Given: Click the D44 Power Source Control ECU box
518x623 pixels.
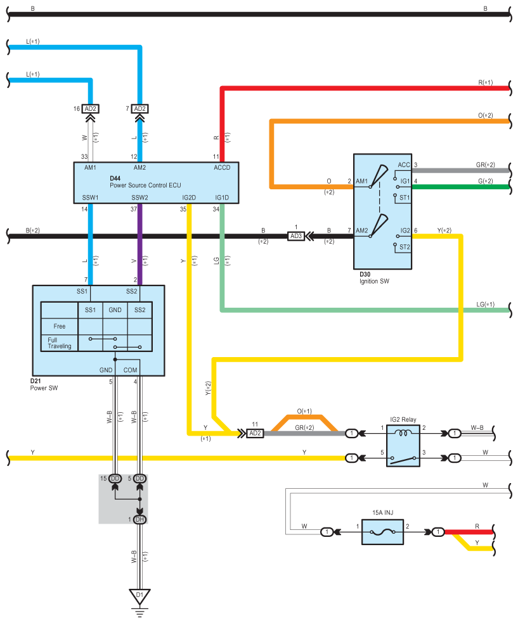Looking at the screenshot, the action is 156,183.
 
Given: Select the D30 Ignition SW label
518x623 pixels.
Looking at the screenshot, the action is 374,278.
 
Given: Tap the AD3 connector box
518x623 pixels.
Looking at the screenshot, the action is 295,236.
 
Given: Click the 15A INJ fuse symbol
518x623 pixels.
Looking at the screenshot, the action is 382,532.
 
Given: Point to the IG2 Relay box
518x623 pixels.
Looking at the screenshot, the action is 403,445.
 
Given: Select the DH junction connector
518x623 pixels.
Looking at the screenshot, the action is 139,519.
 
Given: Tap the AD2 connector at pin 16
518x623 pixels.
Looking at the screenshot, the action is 90,108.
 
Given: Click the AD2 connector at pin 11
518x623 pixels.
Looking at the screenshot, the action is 255,433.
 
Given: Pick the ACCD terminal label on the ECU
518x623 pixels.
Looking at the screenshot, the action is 222,168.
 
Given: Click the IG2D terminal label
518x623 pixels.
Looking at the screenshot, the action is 189,198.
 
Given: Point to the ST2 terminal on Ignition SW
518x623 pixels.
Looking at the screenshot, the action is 405,247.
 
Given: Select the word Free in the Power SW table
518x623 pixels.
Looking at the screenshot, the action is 59,326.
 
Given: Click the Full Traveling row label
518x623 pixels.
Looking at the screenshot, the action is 59,343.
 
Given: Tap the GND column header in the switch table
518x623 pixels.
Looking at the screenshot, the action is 115,310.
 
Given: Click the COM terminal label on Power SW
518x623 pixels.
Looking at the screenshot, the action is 130,370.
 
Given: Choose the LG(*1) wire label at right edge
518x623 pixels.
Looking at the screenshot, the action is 486,305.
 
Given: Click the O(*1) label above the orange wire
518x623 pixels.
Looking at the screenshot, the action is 304,411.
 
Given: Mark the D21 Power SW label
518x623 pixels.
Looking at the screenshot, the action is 44,384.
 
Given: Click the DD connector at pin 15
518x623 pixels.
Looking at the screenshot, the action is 115,479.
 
